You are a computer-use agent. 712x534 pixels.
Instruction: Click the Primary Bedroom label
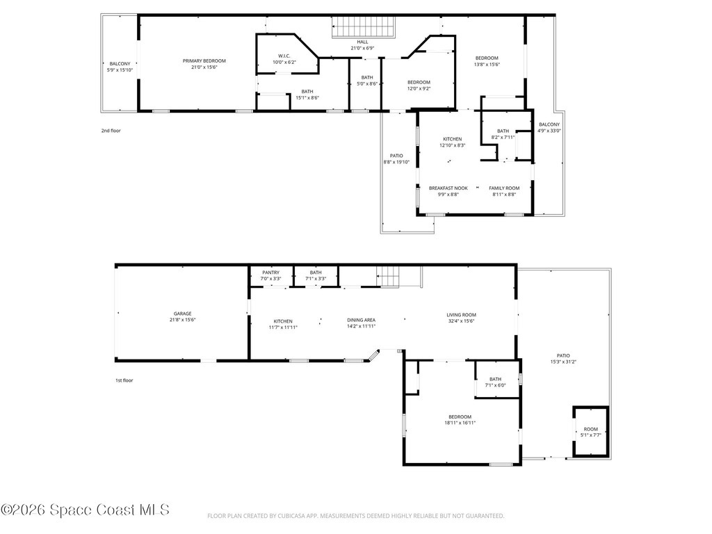point(204,61)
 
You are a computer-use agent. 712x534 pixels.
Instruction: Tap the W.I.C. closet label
point(284,56)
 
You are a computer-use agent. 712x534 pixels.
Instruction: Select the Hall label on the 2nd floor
point(362,42)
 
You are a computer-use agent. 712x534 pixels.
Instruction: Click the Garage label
point(183,314)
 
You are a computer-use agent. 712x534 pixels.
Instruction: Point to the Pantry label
point(270,273)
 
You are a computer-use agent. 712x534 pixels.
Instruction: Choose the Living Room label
point(461,315)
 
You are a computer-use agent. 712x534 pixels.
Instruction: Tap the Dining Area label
point(361,320)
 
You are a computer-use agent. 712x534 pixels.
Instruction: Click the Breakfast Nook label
point(448,188)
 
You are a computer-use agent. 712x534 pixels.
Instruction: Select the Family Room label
point(504,188)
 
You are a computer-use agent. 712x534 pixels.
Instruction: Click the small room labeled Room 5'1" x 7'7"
point(590,430)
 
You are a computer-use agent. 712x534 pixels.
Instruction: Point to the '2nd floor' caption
point(111,130)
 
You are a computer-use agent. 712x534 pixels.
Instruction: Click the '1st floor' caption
point(124,380)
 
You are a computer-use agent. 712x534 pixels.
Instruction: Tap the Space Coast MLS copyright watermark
point(85,510)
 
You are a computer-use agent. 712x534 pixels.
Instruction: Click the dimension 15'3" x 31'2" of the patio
point(563,362)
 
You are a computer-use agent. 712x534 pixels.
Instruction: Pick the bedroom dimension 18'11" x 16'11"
point(460,423)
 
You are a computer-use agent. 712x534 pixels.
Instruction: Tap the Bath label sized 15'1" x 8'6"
point(307,98)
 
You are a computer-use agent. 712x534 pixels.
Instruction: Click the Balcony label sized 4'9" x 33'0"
point(549,131)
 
